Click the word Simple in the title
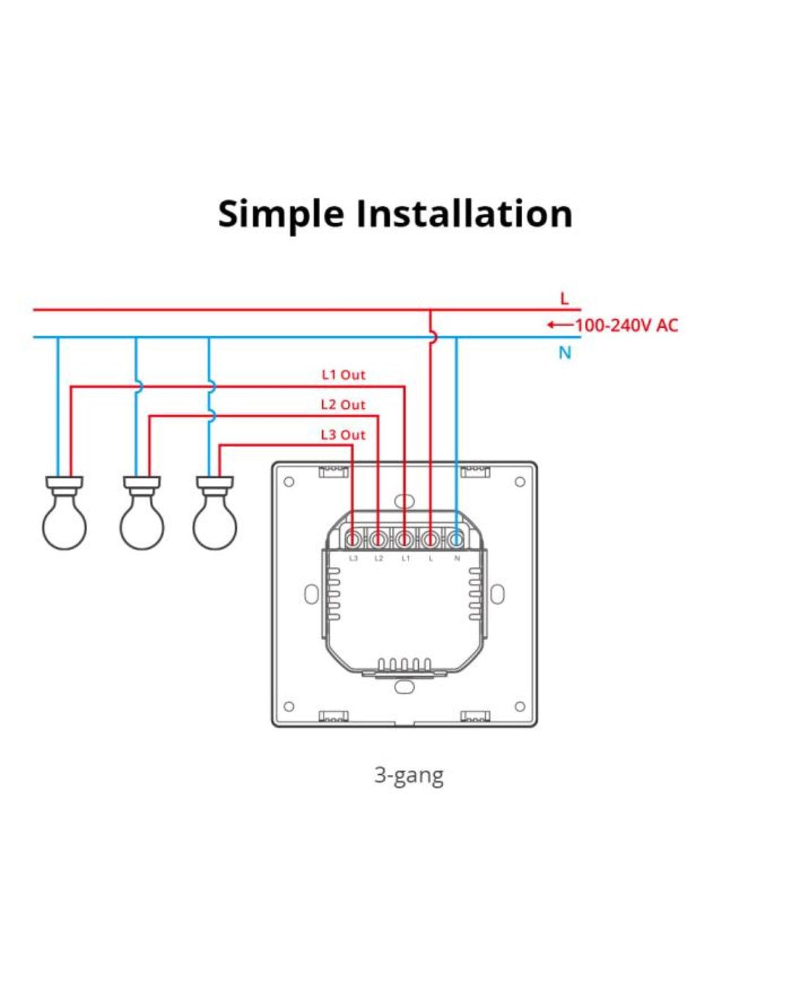tap(281, 214)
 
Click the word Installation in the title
tap(464, 214)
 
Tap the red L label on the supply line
tap(564, 299)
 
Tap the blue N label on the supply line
tap(565, 353)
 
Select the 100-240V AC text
tap(627, 325)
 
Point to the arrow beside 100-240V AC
tap(560, 325)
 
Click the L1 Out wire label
tap(343, 375)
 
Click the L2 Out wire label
tap(343, 405)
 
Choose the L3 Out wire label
tap(343, 435)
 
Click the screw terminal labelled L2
tap(378, 540)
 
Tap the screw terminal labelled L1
tap(404, 540)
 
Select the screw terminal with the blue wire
tap(456, 540)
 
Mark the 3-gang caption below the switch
tap(409, 774)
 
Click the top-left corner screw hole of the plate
tap(289, 482)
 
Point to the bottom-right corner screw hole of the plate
tap(520, 707)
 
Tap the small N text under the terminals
tap(457, 558)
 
